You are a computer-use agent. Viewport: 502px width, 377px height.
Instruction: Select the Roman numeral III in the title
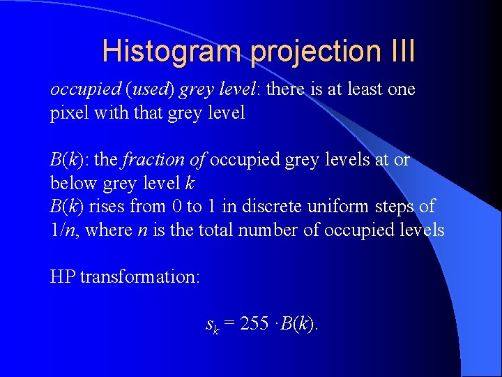(x=400, y=52)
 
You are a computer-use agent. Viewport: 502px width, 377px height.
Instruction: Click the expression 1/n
(x=65, y=230)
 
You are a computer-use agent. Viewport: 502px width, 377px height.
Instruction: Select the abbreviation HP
(x=63, y=276)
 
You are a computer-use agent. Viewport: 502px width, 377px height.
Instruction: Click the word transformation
(x=140, y=276)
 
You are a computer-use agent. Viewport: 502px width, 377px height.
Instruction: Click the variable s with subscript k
(x=212, y=325)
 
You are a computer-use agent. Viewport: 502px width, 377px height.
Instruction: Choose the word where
(x=105, y=230)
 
